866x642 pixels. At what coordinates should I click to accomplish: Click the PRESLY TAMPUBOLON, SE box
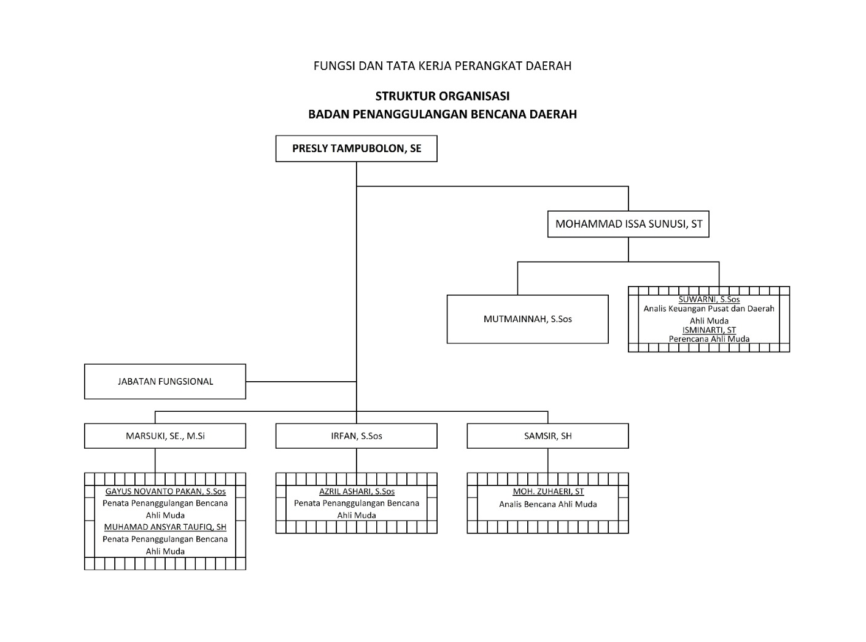(x=356, y=149)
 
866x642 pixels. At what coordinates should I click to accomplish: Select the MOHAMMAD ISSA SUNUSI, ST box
(x=628, y=224)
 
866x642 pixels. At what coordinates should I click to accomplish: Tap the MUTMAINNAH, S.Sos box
(x=527, y=319)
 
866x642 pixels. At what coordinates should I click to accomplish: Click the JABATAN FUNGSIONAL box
(x=165, y=382)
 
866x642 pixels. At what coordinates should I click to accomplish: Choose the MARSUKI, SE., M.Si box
(x=165, y=436)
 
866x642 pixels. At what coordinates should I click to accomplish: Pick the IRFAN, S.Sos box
(x=356, y=436)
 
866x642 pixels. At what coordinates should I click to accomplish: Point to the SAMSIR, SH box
(x=547, y=436)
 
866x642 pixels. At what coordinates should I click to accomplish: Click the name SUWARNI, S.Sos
(x=709, y=300)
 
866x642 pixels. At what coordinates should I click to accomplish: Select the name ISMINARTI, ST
(x=709, y=330)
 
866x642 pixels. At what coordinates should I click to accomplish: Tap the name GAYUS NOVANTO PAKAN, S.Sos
(x=165, y=492)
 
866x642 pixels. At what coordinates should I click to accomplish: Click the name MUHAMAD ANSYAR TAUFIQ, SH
(x=165, y=527)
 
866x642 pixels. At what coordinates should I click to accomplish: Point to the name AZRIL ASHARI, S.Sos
(x=357, y=492)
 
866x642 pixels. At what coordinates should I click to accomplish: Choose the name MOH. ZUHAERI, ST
(x=548, y=492)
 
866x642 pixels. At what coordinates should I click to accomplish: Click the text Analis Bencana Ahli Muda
(x=548, y=505)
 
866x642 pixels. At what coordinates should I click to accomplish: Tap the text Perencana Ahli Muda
(x=709, y=339)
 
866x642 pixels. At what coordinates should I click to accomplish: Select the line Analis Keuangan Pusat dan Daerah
(x=709, y=309)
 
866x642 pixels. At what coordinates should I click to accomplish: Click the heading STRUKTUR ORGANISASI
(x=442, y=96)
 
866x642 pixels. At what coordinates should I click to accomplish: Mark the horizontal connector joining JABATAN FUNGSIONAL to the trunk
(x=301, y=382)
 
